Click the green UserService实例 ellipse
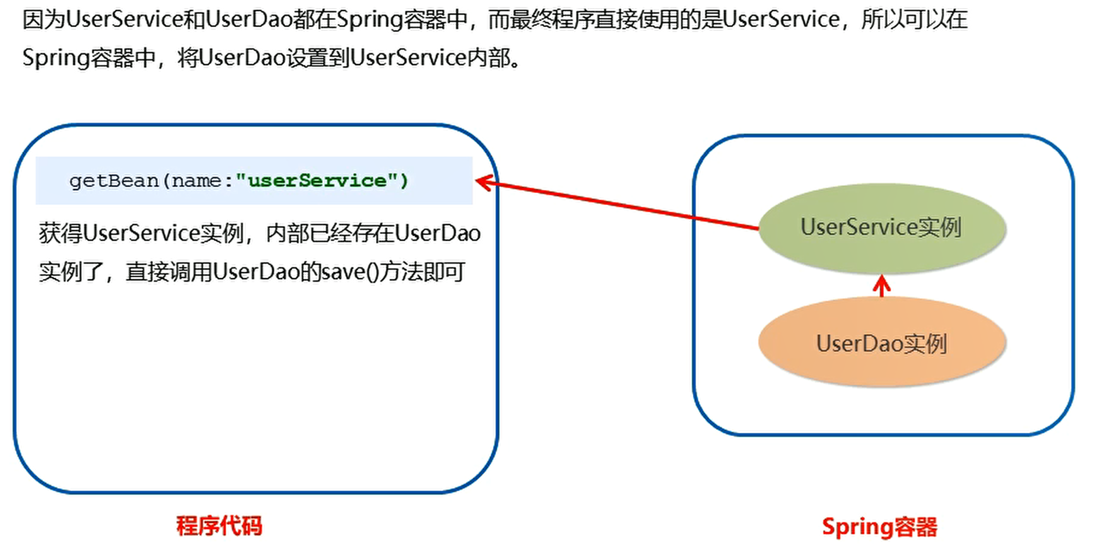coord(882,228)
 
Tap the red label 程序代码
coord(219,526)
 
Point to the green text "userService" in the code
coord(317,180)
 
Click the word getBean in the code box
coord(114,180)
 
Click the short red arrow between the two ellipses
coord(882,286)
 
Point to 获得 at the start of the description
coord(60,234)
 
